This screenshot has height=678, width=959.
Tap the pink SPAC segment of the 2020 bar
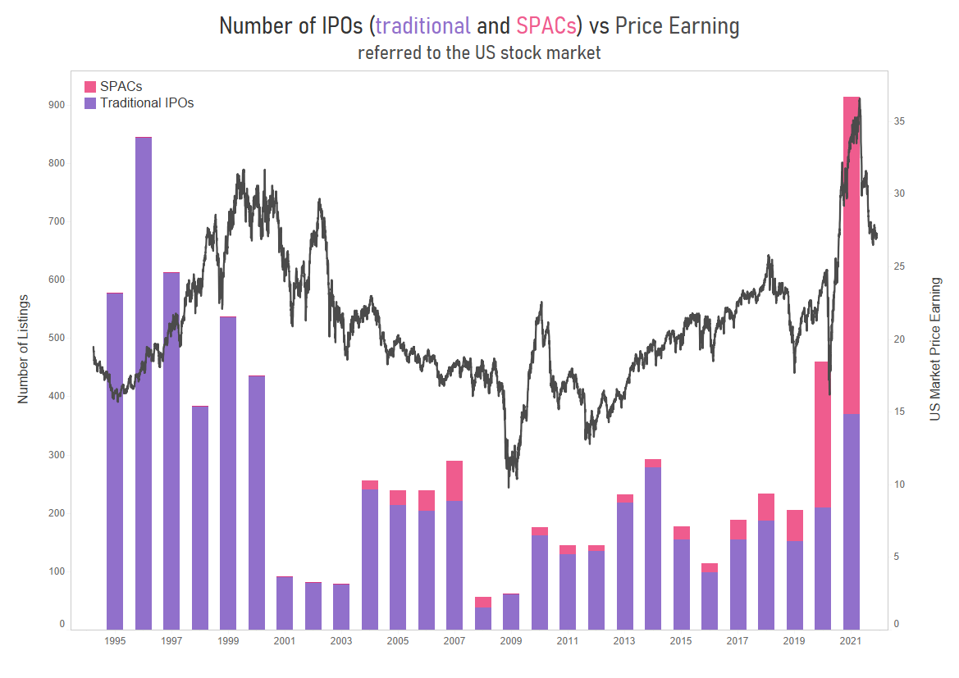823,435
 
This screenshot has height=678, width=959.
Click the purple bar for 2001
285,603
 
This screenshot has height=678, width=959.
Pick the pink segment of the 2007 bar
454,480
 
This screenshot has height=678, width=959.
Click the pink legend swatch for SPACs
90,86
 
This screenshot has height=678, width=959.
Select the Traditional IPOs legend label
147,103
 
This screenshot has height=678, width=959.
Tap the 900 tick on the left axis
57,105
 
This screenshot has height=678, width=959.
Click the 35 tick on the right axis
899,121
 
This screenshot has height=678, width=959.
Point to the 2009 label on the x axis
511,641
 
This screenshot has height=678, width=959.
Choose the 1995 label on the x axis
115,641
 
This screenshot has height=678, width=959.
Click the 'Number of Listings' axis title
23,348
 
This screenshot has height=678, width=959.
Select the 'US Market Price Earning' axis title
935,349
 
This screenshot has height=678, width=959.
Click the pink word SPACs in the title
546,26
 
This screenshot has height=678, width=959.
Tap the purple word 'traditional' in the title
422,26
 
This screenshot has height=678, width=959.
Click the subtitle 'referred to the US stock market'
479,53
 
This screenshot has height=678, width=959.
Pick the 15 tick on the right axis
899,412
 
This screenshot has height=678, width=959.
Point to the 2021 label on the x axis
851,641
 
